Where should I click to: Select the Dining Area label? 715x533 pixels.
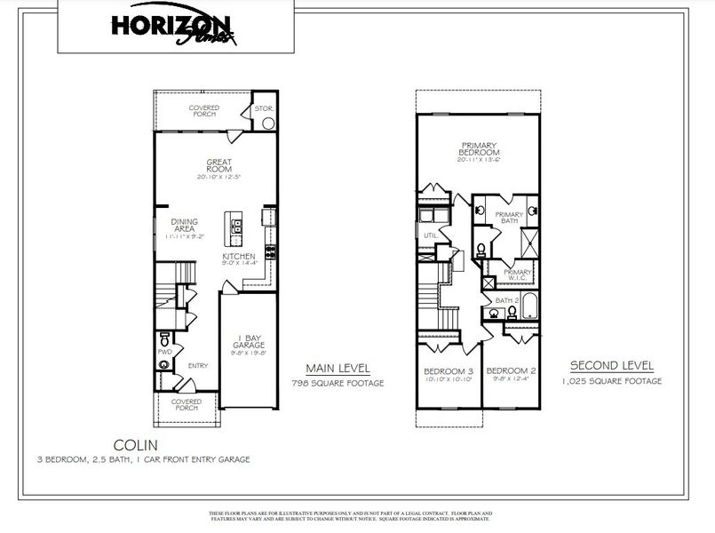click(x=185, y=228)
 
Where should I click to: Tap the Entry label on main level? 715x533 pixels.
click(x=198, y=364)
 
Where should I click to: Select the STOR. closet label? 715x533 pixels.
click(x=264, y=108)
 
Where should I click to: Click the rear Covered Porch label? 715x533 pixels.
click(x=203, y=111)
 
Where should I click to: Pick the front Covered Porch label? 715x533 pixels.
click(x=186, y=405)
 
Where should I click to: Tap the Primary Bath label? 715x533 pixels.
click(x=509, y=218)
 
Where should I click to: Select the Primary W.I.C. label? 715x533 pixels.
click(x=519, y=274)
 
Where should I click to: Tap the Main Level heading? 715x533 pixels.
click(x=338, y=368)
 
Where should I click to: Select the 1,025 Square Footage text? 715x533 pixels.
click(x=612, y=381)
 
